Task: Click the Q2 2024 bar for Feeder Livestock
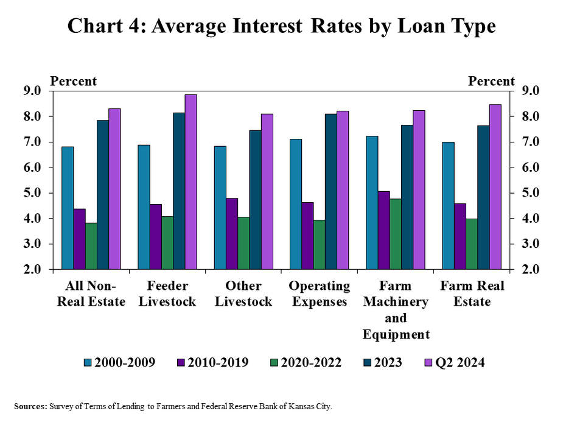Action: click(191, 181)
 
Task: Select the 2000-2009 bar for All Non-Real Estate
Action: click(68, 208)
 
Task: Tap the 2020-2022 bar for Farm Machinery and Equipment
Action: click(395, 234)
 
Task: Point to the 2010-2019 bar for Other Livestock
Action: click(231, 233)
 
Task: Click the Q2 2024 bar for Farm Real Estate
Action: click(495, 186)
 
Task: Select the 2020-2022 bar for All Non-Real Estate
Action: click(91, 246)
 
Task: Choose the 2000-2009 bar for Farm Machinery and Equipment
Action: click(372, 202)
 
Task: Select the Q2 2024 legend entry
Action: click(454, 362)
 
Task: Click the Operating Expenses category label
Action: click(320, 294)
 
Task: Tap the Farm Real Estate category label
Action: click(472, 294)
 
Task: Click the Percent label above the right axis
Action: click(491, 82)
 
